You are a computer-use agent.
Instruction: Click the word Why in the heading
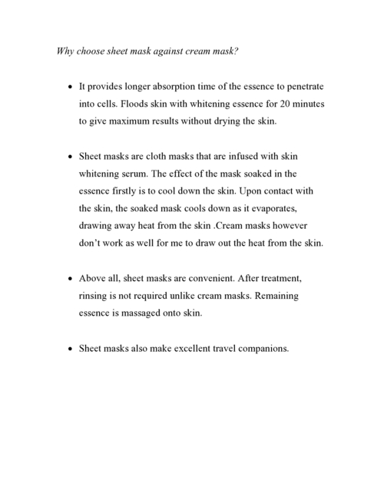click(67, 52)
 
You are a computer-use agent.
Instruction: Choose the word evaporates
click(280, 208)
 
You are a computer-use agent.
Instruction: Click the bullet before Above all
click(70, 278)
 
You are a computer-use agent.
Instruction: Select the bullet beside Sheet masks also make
click(70, 348)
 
